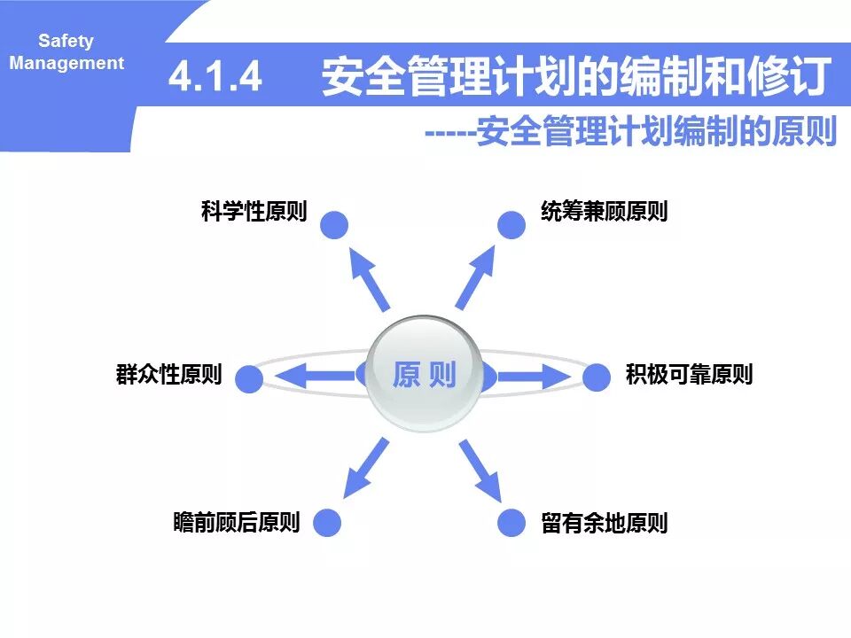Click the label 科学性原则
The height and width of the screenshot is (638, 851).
pos(254,213)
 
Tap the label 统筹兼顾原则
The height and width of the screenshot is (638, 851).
pos(604,213)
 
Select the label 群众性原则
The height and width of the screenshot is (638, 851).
pos(168,375)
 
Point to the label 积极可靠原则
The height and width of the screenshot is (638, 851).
pos(689,375)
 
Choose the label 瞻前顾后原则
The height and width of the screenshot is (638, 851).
pos(237,523)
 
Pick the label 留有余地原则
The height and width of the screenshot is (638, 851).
pos(604,523)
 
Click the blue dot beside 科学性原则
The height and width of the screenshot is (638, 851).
pos(334,225)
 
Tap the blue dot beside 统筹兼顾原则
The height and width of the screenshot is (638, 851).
pos(511,225)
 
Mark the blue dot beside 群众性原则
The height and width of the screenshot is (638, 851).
pos(250,379)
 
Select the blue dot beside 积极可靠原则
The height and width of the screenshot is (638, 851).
pos(597,377)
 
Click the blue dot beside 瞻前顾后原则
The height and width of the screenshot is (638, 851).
pos(327,523)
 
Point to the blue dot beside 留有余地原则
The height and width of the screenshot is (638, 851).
pos(511,523)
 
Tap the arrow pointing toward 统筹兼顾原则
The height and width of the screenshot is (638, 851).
pos(475,276)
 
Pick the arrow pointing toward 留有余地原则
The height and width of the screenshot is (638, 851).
pos(480,470)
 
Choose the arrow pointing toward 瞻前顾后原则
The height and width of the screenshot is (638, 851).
pos(366,467)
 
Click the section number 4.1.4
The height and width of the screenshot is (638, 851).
pos(215,77)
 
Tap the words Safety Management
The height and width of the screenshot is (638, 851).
pos(66,52)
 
